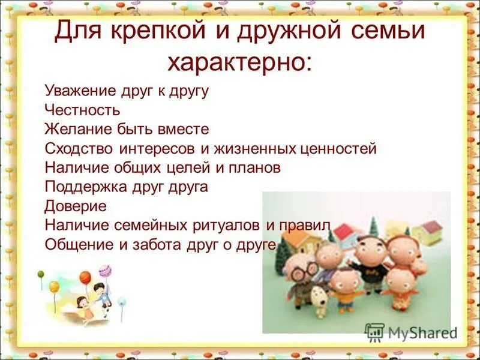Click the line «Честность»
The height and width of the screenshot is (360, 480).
coord(82,110)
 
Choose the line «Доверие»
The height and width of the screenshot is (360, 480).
coord(75,206)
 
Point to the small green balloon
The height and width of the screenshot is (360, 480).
coord(41,275)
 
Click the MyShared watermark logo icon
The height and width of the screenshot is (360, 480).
coord(375,331)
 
